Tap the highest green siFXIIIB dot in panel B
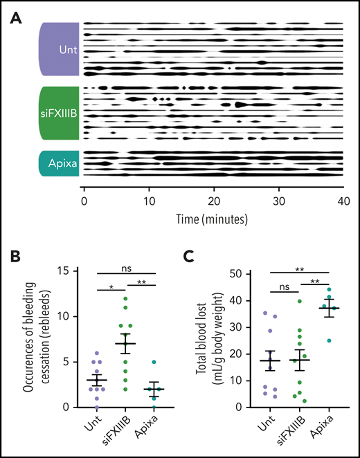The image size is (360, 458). pos(125,299)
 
